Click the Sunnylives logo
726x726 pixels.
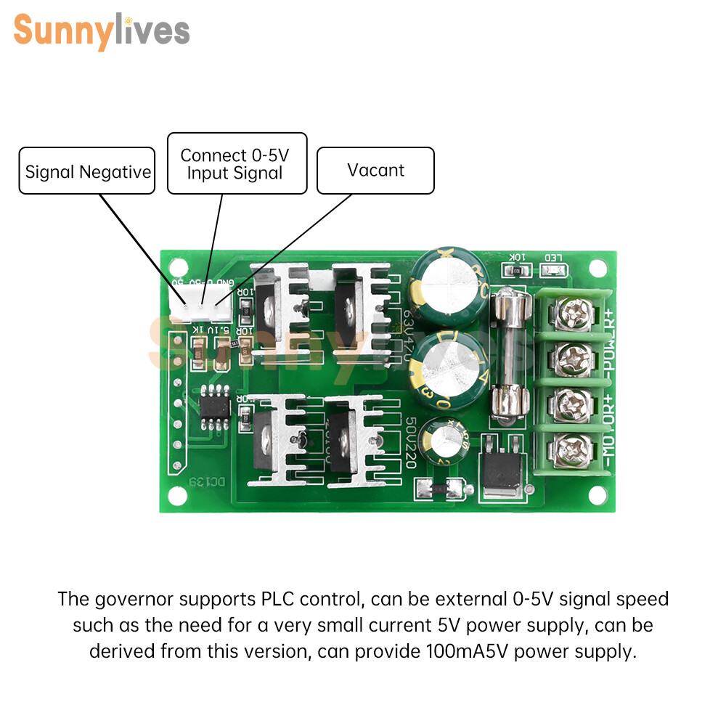[x=102, y=31]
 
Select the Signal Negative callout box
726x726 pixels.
[x=87, y=171]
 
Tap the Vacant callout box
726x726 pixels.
[x=375, y=171]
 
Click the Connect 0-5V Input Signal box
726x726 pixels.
[x=237, y=163]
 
